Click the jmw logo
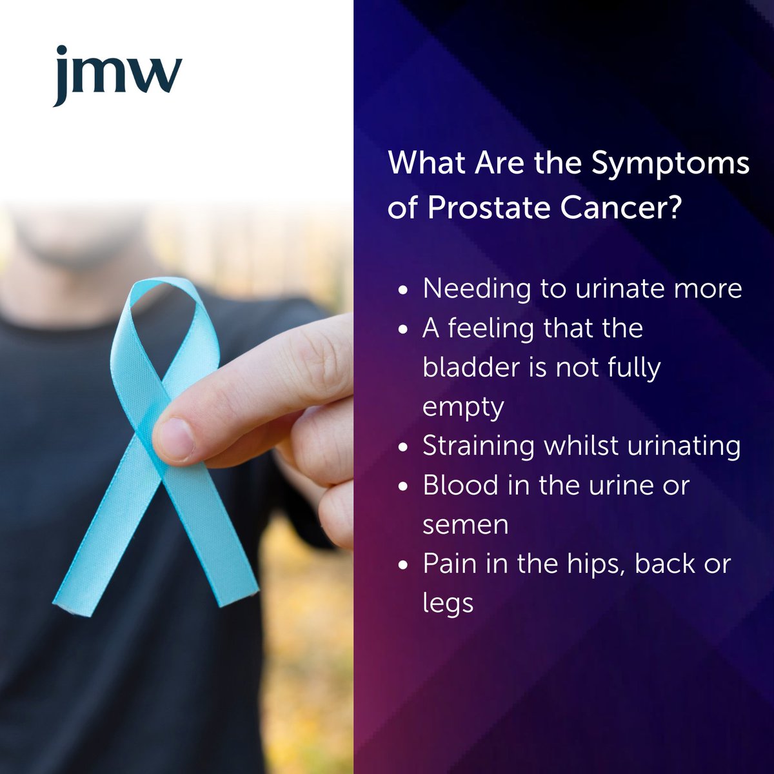117,75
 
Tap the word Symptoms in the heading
671,164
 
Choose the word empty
462,408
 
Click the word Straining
478,446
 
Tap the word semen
465,525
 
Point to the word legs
448,604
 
